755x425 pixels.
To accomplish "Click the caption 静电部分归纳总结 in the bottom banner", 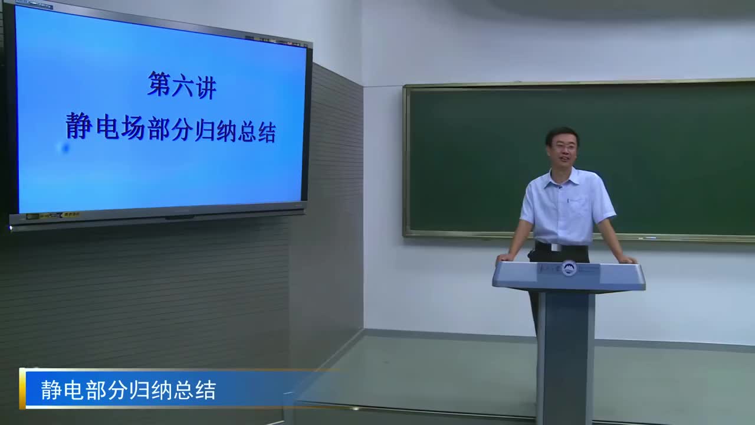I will pyautogui.click(x=129, y=390).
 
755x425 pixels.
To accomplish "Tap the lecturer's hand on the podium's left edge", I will pyautogui.click(x=505, y=257).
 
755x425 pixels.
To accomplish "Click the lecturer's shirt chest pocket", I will pyautogui.click(x=579, y=207).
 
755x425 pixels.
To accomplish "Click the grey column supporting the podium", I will pyautogui.click(x=565, y=354).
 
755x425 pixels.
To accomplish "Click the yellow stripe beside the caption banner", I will pyautogui.click(x=22, y=388).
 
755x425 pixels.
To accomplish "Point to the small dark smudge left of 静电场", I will pyautogui.click(x=65, y=148).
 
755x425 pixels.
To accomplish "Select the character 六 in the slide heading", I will pyautogui.click(x=182, y=87).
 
